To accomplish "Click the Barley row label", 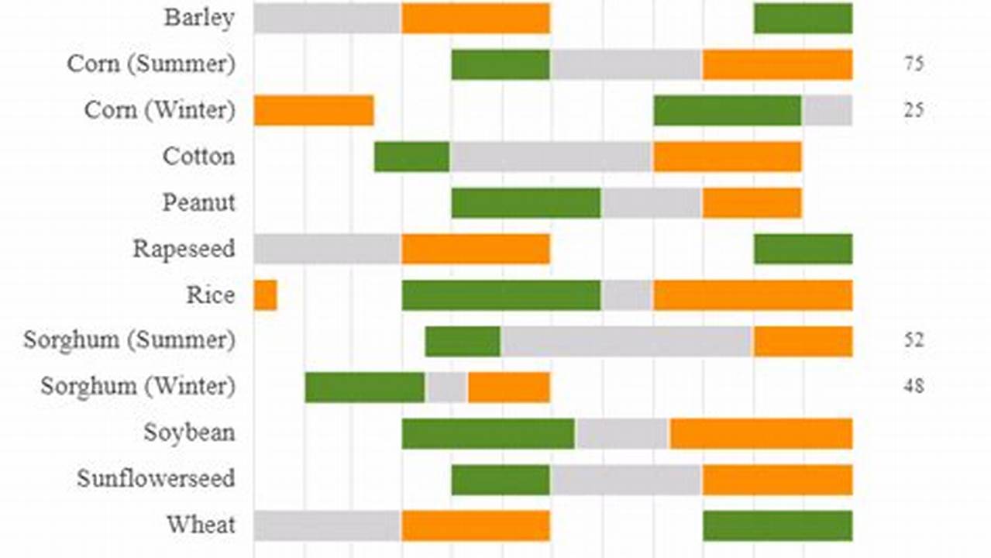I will point(199,18).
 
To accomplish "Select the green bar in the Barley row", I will point(803,19).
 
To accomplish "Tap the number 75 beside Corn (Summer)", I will point(914,64).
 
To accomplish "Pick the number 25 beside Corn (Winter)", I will point(914,111).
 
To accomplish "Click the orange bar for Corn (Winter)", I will point(314,111).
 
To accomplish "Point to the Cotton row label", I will point(198,157).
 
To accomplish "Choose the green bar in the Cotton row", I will point(411,157).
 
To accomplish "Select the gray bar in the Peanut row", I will point(651,203).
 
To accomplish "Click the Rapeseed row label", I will point(184,249).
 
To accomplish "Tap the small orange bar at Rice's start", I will point(265,295).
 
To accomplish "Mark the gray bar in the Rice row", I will point(626,295).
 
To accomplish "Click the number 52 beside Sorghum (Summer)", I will point(914,340).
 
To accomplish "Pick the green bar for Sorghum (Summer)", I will point(463,341).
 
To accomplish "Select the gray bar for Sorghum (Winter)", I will point(446,387).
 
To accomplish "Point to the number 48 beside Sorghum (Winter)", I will point(914,386).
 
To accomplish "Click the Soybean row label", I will point(189,432).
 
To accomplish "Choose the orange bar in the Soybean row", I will point(761,433).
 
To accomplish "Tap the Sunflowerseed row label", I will point(155,478).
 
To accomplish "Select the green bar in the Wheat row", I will point(777,525).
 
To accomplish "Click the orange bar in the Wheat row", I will point(475,525).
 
